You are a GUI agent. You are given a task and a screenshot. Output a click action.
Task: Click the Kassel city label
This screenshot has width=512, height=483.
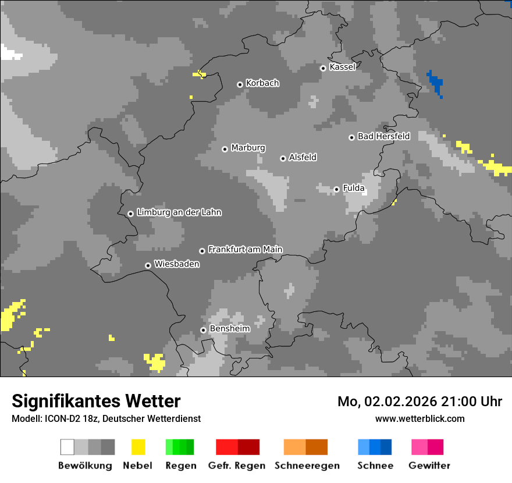342,67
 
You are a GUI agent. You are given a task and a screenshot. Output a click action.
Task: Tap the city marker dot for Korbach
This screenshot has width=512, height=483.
240,84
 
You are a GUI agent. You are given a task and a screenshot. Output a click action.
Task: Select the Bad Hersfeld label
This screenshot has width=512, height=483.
383,136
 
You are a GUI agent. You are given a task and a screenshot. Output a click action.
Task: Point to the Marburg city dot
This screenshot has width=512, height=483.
225,149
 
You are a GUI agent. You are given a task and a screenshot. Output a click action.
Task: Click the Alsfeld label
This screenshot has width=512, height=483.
303,157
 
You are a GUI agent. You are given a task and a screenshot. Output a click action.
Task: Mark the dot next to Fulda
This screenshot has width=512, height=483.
336,189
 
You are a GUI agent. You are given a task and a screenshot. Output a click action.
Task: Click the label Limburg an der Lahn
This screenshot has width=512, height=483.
179,212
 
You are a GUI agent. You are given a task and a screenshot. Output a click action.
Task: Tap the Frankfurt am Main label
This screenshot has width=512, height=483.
245,250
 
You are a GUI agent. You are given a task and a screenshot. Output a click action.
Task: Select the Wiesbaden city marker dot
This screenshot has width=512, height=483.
148,265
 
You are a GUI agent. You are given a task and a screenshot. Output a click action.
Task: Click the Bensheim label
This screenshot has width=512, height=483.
229,329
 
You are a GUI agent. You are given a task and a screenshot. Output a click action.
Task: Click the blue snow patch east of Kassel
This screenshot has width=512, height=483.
435,81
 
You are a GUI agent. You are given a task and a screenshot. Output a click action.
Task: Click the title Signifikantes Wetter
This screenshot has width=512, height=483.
96,401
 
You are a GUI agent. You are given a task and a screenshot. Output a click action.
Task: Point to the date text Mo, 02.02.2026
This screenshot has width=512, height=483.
383,402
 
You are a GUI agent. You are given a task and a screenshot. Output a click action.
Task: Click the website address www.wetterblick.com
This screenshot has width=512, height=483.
419,418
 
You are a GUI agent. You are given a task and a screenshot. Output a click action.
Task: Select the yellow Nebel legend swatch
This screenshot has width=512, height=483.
138,447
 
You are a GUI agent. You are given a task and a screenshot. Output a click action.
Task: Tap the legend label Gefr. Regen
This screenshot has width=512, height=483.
236,466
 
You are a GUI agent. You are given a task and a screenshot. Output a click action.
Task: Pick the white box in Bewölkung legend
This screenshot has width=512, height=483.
67,447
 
